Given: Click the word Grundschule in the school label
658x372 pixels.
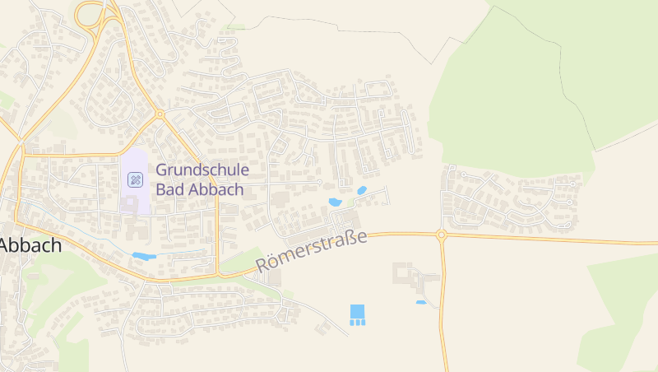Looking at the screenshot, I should tap(202, 171).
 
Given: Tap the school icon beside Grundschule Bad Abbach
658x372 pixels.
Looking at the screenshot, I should tap(135, 179).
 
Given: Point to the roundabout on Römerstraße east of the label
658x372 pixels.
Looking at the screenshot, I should tap(442, 235).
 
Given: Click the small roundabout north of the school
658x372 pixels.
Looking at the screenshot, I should tap(160, 114).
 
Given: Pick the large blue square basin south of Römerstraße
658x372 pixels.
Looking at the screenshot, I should tap(357, 311).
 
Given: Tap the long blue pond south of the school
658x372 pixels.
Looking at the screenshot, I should tap(143, 256).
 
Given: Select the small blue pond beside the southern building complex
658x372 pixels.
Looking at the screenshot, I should tap(421, 302).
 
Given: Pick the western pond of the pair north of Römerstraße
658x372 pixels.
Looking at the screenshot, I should tap(335, 202).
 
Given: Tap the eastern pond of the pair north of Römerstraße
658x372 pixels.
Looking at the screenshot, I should tap(362, 191).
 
